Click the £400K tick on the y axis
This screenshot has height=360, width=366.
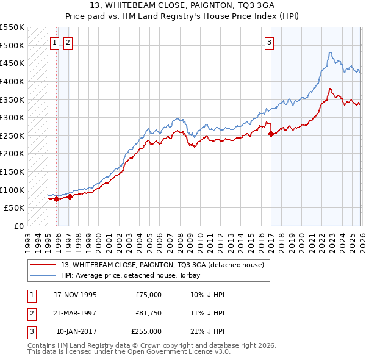12,81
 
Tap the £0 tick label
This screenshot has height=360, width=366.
18,226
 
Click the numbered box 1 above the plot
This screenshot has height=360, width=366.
54,42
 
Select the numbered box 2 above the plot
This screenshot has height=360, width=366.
67,42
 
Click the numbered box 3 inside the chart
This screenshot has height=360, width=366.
269,42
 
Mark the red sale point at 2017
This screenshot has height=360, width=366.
270,134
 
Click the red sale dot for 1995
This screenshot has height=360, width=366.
56,199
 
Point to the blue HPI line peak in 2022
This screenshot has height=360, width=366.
329,52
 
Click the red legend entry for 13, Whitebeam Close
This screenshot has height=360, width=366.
162,265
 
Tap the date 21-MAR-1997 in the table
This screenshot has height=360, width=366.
75,312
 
